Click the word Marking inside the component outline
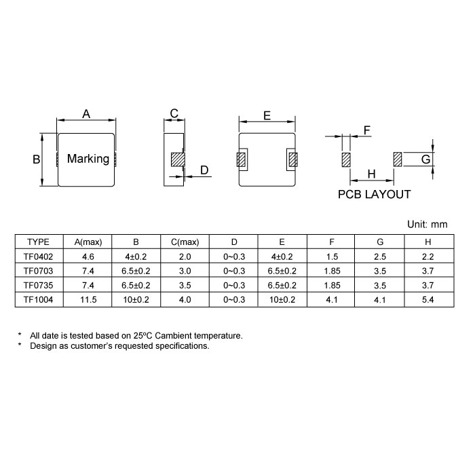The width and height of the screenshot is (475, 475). [x=88, y=159]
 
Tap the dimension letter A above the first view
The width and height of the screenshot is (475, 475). [x=86, y=114]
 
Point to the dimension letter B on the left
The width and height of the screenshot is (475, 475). [x=37, y=159]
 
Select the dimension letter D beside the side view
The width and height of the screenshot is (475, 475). [x=204, y=170]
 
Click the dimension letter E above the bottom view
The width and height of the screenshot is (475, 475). [x=267, y=116]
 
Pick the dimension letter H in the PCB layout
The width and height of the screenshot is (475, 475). [x=371, y=174]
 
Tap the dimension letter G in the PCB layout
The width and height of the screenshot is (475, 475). [x=426, y=159]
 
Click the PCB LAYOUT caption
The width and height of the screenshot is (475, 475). [x=374, y=195]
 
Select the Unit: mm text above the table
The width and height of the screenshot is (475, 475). [x=427, y=225]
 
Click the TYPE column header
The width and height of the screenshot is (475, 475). [x=38, y=242]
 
